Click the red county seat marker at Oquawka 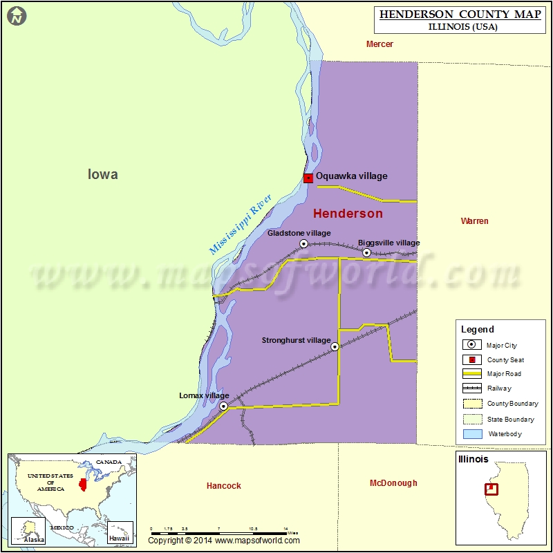pos(308,178)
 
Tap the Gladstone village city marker pos(303,244)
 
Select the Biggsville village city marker pos(367,253)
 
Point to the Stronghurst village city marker pos(335,347)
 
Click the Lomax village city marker pos(224,406)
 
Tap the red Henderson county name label pos(348,214)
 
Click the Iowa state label pos(103,174)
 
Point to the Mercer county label pos(379,44)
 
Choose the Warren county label pos(474,221)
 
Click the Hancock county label pos(224,486)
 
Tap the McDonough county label pos(393,483)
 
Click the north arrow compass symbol pos(17,15)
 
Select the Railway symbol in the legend pos(472,388)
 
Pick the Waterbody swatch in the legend pos(472,434)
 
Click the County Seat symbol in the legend pos(472,359)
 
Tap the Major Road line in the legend pos(472,374)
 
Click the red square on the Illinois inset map pos(491,489)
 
